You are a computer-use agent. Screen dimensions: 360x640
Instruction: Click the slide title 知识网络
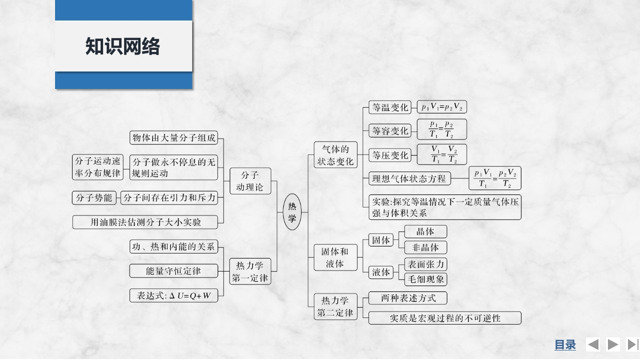[123, 46]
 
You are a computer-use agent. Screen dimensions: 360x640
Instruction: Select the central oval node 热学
[292, 212]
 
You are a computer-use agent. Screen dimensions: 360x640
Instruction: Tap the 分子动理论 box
[250, 181]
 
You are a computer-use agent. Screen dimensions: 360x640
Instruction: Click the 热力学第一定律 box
[250, 271]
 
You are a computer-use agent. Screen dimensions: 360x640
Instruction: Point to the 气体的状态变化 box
[335, 155]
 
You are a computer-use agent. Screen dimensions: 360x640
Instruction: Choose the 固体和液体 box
[335, 257]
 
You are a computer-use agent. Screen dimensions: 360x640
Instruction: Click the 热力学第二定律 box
[335, 306]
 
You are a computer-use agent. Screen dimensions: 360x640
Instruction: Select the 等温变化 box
[390, 107]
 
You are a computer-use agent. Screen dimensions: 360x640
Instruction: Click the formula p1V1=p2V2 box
[442, 107]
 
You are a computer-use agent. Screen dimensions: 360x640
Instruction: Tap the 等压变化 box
[390, 155]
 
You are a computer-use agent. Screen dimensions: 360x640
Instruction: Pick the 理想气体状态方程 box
[409, 178]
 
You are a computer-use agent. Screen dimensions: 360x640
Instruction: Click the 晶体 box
[425, 231]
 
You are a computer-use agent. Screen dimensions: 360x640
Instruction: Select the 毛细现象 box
[425, 279]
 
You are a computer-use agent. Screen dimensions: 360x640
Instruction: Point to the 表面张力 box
[425, 264]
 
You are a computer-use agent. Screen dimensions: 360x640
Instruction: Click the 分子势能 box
[94, 198]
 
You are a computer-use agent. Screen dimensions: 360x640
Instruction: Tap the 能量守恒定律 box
[174, 271]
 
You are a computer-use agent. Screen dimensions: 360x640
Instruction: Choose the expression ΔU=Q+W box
[174, 295]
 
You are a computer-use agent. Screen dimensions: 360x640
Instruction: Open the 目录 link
[565, 344]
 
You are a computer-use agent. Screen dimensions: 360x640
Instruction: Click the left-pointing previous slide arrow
[593, 344]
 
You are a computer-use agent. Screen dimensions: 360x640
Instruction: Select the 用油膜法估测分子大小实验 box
[145, 222]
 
